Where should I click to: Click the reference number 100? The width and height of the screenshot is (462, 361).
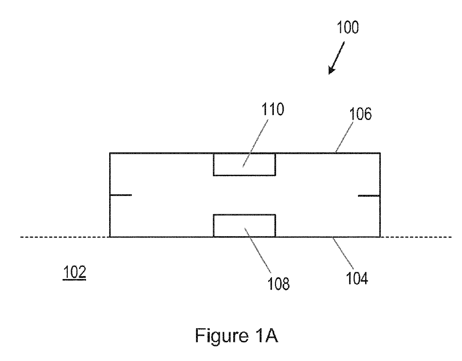[x=348, y=28]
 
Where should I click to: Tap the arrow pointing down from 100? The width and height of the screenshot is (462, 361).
[x=336, y=58]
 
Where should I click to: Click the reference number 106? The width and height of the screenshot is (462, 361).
[x=361, y=114]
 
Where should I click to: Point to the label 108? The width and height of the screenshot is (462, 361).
[x=278, y=284]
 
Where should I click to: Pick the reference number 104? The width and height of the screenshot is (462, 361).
[x=357, y=278]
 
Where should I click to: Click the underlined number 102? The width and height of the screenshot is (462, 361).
[x=74, y=273]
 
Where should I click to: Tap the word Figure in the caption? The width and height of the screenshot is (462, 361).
[x=221, y=336]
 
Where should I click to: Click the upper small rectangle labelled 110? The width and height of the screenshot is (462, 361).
[x=244, y=164]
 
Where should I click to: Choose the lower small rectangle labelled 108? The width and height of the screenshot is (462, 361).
[x=244, y=225]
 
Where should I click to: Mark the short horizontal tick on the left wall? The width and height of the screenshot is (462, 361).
[x=121, y=195]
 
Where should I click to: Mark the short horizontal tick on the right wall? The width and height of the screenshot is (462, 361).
[x=369, y=195]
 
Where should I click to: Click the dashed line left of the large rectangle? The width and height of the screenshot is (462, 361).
[x=63, y=237]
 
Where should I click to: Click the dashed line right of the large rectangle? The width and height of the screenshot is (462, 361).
[x=415, y=237]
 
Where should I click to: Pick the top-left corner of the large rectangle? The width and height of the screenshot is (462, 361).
[x=110, y=153]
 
